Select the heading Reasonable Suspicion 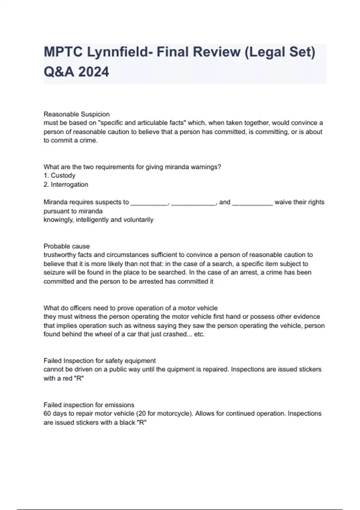click(76, 114)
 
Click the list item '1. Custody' click(59, 175)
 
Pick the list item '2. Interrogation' click(66, 184)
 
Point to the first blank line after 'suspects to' click(149, 203)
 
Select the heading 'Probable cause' click(67, 246)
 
